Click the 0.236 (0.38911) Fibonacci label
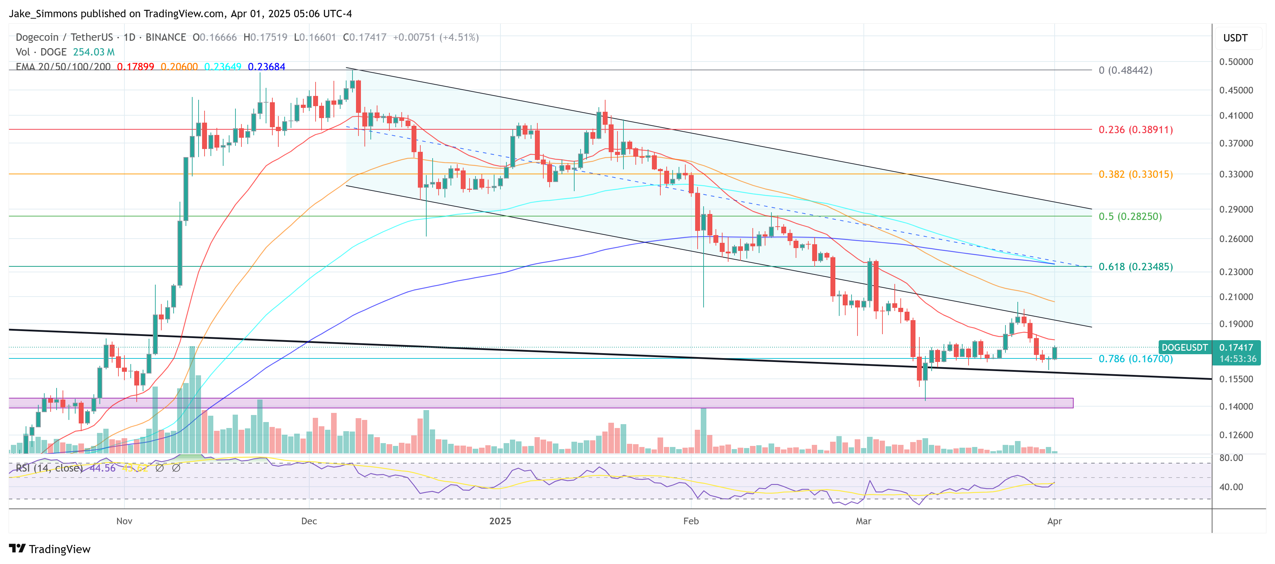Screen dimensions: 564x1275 click(1135, 130)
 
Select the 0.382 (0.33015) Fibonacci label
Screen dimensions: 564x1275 click(1135, 174)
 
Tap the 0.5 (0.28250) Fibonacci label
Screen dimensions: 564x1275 click(1130, 216)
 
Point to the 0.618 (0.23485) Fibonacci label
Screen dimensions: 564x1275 click(1135, 267)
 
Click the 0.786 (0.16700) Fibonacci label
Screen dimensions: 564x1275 click(1135, 359)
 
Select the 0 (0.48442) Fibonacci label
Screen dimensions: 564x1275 click(1125, 70)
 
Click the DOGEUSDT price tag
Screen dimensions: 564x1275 click(1184, 347)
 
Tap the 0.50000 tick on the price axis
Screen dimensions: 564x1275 click(1236, 62)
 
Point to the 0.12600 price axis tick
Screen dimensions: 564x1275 click(1236, 435)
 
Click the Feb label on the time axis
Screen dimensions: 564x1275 click(691, 521)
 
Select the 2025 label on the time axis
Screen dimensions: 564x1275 click(500, 521)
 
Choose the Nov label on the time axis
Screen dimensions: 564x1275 click(124, 521)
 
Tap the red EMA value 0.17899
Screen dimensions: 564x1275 click(135, 67)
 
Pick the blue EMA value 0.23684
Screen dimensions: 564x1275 click(266, 67)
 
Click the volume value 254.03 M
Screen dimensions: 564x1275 click(93, 52)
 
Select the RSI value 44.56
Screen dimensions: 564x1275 click(103, 468)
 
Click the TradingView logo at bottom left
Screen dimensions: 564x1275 click(50, 549)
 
